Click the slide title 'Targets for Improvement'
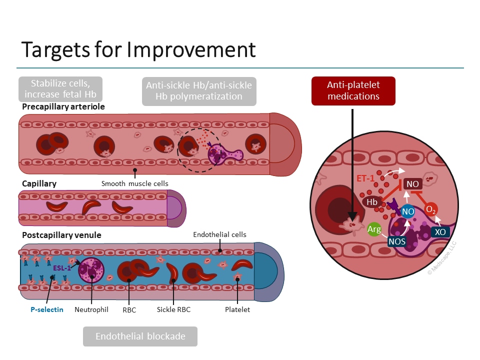(x=138, y=50)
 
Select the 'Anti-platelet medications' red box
(x=353, y=91)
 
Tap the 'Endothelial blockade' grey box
(x=140, y=336)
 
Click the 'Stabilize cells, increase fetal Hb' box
(x=60, y=88)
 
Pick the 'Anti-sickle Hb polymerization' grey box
(x=199, y=91)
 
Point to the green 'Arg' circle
(x=374, y=229)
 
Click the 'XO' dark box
(x=439, y=232)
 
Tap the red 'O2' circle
(x=431, y=210)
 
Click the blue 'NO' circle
(x=408, y=212)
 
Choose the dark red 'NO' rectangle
(x=412, y=184)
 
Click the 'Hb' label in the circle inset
(x=372, y=202)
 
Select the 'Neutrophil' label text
(x=91, y=309)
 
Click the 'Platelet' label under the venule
(x=237, y=309)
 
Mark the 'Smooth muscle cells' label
(x=134, y=183)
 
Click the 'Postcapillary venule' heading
(x=61, y=235)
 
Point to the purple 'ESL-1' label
(x=61, y=267)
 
